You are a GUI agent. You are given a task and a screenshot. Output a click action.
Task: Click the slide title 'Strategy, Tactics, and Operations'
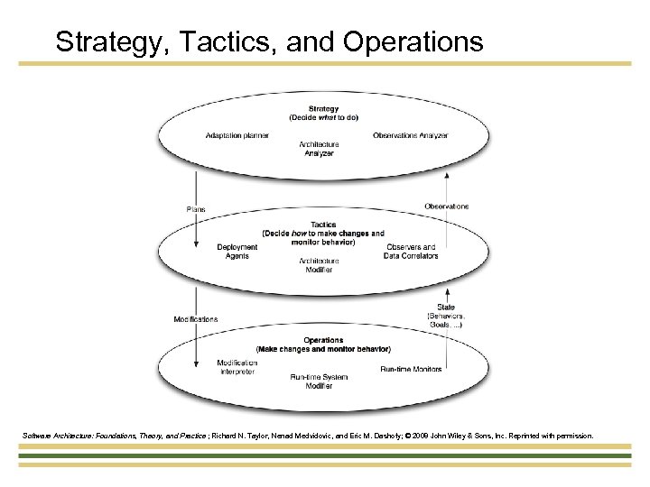tap(269, 41)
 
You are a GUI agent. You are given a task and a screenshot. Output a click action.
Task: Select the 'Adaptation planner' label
tap(237, 136)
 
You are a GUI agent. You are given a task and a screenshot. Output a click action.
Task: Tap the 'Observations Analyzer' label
tap(410, 136)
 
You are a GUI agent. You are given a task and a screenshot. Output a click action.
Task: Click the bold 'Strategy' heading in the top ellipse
tap(323, 109)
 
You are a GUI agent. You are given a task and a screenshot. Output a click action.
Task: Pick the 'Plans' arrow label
tap(195, 209)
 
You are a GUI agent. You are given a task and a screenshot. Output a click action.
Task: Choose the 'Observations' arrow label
tap(446, 207)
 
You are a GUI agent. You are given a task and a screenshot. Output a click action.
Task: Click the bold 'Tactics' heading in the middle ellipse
tap(322, 225)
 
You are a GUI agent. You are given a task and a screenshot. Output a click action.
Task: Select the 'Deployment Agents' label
tap(237, 252)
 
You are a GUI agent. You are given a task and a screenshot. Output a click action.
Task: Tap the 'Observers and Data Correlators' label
tap(410, 252)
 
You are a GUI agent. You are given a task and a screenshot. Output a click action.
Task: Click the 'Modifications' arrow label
tap(195, 319)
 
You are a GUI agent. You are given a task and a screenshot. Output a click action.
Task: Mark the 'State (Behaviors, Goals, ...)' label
tap(445, 316)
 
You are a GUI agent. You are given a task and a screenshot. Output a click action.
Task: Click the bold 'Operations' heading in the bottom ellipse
tap(322, 340)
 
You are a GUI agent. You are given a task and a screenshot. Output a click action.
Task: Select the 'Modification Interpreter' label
tap(237, 367)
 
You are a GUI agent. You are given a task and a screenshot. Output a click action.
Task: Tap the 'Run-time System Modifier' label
tap(311, 381)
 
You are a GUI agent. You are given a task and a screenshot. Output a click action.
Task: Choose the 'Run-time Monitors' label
tap(411, 369)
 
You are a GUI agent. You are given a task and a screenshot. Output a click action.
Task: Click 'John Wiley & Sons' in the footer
tap(485, 436)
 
